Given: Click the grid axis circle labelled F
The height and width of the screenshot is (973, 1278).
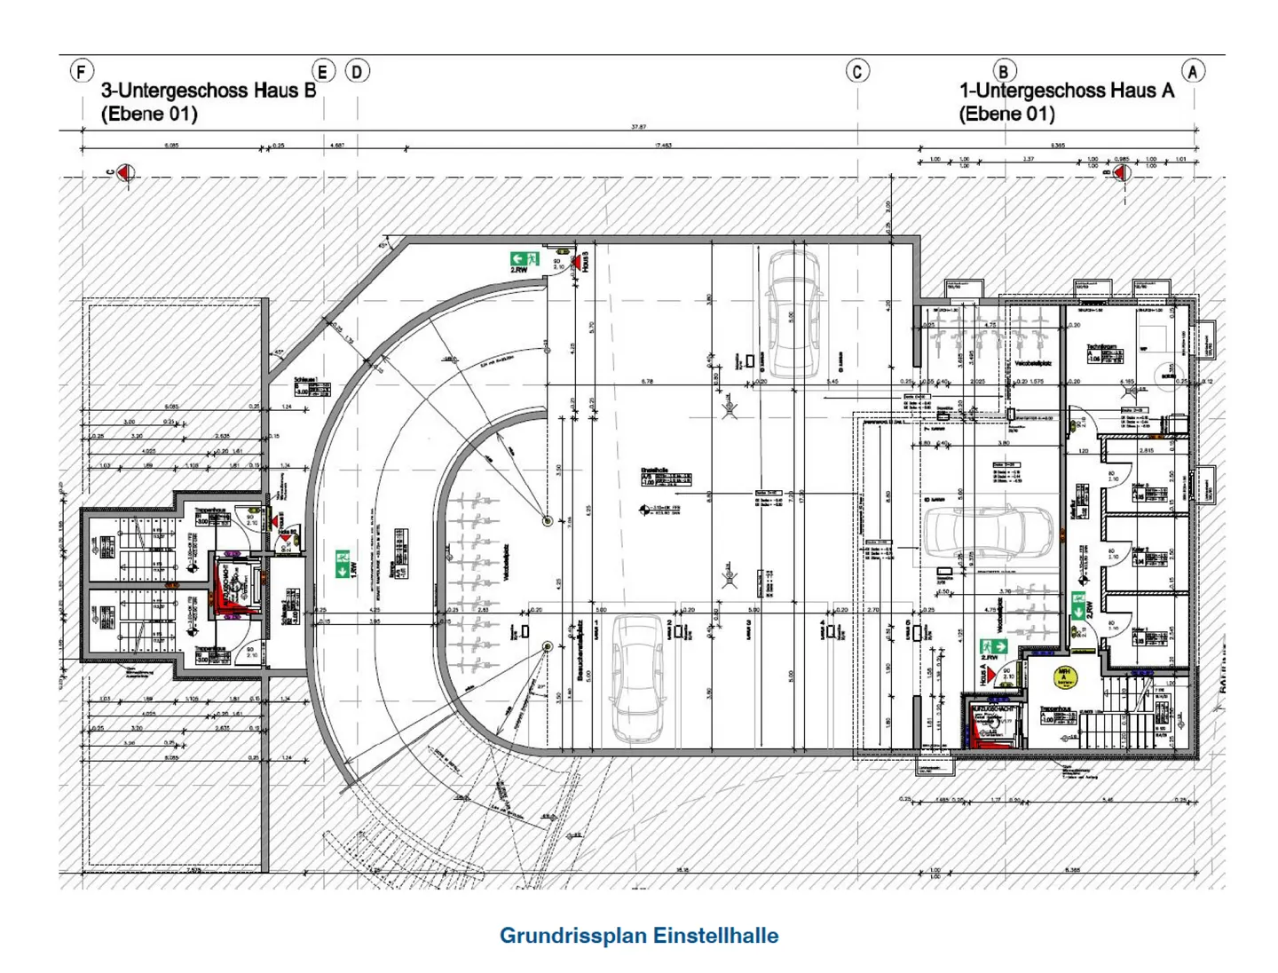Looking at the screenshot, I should click(82, 71).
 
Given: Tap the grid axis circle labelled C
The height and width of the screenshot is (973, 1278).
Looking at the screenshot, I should click(857, 71).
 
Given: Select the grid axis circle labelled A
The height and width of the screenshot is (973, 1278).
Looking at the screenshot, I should click(1193, 71).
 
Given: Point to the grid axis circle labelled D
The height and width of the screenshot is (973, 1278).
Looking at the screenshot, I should click(357, 71).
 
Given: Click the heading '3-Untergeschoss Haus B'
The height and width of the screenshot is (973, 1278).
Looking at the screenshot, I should click(209, 91).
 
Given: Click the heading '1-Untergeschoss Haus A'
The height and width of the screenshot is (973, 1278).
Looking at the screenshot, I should click(1066, 91).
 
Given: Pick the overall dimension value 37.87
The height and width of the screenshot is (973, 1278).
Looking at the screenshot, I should click(638, 127).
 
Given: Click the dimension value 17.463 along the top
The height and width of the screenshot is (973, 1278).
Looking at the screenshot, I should click(663, 145).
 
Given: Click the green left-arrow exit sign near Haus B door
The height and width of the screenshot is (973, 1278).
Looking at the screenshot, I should click(524, 260).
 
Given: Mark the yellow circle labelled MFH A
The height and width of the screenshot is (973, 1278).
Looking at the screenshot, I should click(1064, 677).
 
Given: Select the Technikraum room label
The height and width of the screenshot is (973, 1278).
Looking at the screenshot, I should click(1100, 346).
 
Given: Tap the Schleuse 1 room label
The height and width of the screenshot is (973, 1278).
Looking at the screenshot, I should click(306, 380).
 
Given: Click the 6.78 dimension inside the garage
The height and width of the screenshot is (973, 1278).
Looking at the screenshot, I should click(647, 382).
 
